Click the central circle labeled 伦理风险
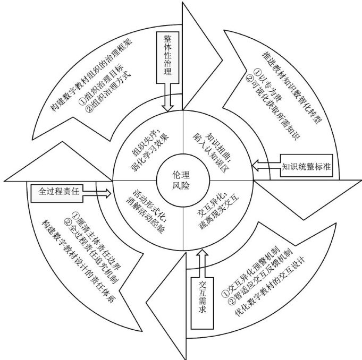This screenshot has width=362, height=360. pyautogui.click(x=180, y=180)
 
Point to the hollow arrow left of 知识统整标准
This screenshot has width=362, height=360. pyautogui.click(x=264, y=166)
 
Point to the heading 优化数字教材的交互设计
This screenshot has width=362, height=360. pyautogui.click(x=266, y=289)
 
